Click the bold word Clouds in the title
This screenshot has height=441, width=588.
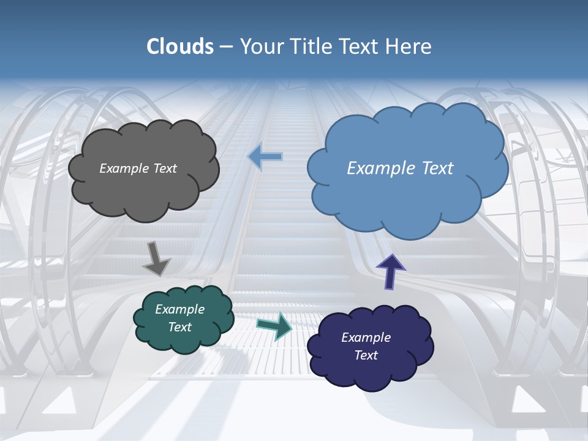coord(180,47)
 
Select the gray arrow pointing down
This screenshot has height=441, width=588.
coord(157,258)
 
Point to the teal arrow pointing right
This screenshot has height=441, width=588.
coord(274,325)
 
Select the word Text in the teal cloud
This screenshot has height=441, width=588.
coord(179,327)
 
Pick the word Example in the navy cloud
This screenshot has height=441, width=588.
coord(366,337)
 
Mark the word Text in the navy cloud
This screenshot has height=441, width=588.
coord(366,355)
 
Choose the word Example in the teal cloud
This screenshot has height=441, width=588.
coord(179,309)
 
